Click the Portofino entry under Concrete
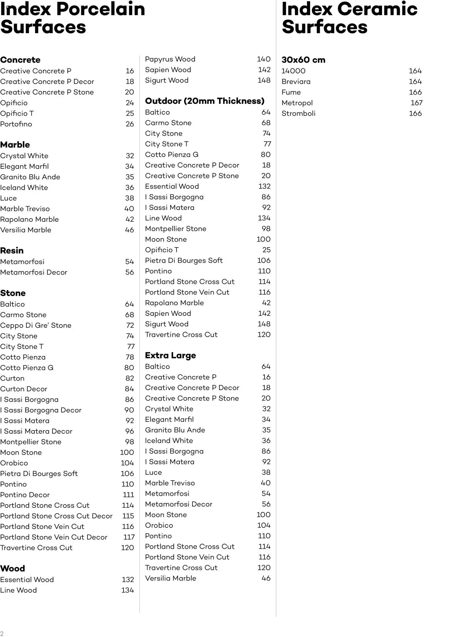click(16, 124)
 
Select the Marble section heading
click(15, 145)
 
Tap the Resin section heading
click(12, 250)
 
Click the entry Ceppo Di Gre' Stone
click(36, 325)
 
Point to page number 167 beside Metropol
click(416, 103)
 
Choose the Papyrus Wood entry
click(170, 59)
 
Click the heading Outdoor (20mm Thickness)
click(205, 101)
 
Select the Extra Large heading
click(170, 355)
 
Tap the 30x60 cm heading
click(303, 60)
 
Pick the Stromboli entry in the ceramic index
click(298, 113)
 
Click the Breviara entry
click(296, 82)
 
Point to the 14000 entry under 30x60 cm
click(293, 71)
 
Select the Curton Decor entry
click(24, 389)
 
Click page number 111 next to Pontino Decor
click(128, 495)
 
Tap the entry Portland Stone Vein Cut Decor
click(54, 537)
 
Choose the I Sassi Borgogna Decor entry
click(41, 410)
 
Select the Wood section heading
click(12, 568)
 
